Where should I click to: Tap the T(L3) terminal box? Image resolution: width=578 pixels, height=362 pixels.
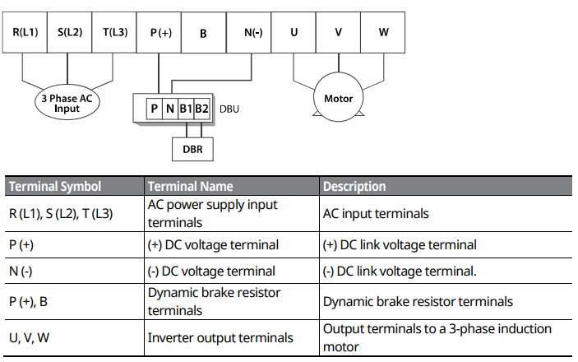(x=114, y=32)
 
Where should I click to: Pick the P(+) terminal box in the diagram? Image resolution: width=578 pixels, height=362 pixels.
(x=160, y=32)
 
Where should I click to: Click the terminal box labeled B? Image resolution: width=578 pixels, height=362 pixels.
(x=204, y=32)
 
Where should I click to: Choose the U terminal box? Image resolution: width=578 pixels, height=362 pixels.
(x=294, y=32)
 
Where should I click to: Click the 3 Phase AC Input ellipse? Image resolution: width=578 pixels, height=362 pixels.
(x=67, y=103)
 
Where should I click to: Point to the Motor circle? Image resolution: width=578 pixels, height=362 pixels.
(x=339, y=99)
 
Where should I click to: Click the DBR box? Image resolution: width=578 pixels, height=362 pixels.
(x=192, y=150)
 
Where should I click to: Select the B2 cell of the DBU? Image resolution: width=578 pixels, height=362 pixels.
(x=201, y=108)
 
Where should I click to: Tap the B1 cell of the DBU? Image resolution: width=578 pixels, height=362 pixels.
(x=186, y=108)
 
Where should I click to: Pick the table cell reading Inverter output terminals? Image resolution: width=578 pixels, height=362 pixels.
(x=220, y=337)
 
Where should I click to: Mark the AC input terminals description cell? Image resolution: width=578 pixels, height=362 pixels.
(x=376, y=213)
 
